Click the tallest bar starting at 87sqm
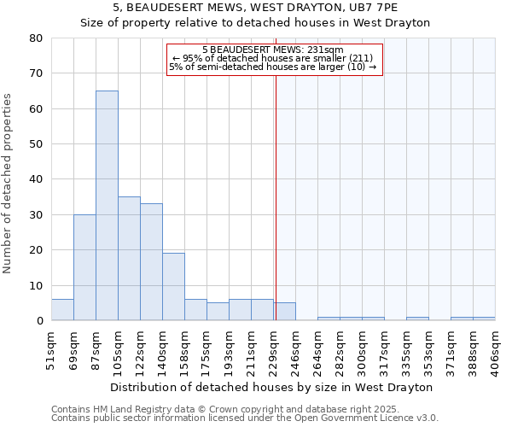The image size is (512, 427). coord(107,205)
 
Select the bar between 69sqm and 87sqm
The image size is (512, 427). coord(84,267)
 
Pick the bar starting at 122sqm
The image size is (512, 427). coord(151,262)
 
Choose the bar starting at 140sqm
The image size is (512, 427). coord(173,287)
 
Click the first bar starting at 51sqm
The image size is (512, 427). coord(62,310)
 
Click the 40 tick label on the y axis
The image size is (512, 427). coord(36,179)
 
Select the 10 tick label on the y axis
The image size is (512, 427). coord(36,285)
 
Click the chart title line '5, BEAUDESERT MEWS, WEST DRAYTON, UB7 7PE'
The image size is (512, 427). coord(255,8)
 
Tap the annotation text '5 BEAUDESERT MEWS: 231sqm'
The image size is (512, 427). coord(273,50)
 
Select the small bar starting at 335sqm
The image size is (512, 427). coord(417,319)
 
